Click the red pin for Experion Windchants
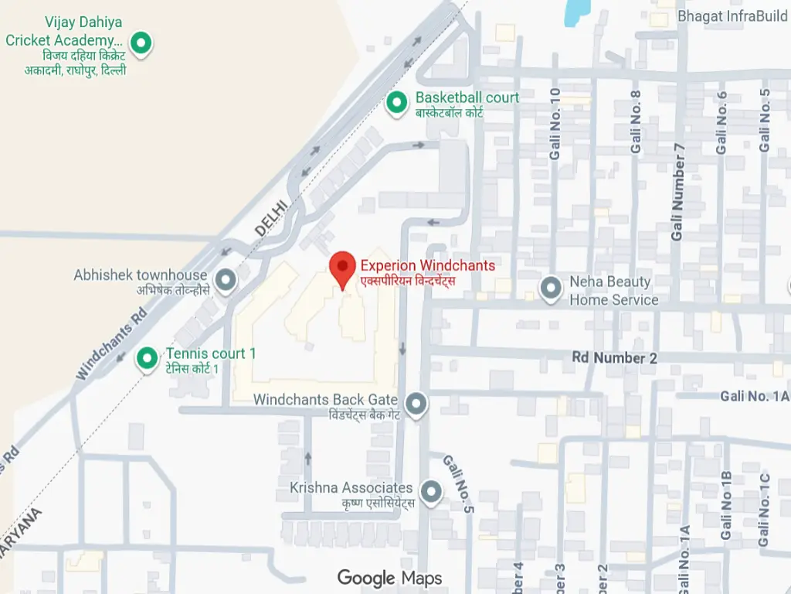(343, 268)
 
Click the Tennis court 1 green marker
(147, 358)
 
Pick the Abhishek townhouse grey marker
(226, 279)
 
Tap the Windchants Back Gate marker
(417, 403)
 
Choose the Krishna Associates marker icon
(430, 491)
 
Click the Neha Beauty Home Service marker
(551, 288)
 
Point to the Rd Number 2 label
(614, 358)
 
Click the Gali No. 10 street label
(555, 124)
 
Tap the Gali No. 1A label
(755, 396)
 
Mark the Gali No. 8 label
(636, 121)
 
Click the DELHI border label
(271, 217)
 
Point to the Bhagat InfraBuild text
(732, 15)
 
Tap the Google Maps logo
(389, 578)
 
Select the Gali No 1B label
(726, 504)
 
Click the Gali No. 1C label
(764, 510)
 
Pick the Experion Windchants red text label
(427, 265)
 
